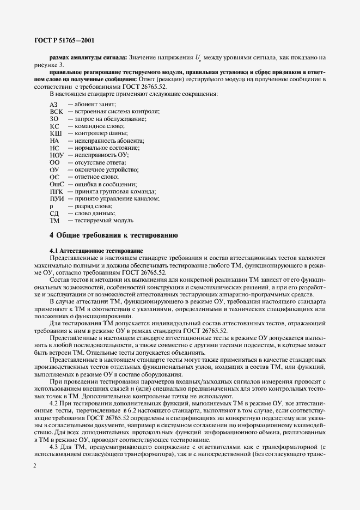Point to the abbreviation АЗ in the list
click(53, 104)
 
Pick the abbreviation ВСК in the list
click(57, 111)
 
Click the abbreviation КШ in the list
click(56, 133)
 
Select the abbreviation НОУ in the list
click(57, 155)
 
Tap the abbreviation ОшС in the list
click(57, 185)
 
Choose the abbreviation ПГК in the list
click(57, 192)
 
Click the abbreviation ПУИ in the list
click(57, 199)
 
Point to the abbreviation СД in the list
click(54, 214)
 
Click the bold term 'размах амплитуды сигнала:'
click(88, 57)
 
